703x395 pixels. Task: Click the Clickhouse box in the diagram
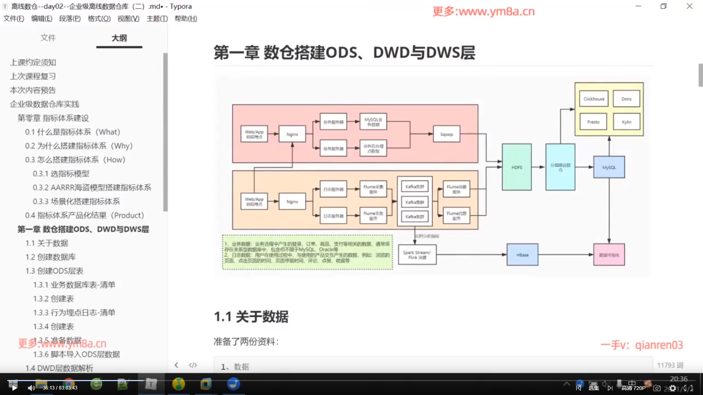tap(594, 99)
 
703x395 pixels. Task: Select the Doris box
tap(626, 99)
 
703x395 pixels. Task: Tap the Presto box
tap(593, 122)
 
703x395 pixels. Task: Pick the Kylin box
tap(626, 122)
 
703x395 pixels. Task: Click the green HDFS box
tap(517, 167)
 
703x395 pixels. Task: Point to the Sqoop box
tap(446, 134)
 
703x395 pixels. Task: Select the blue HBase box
tap(522, 255)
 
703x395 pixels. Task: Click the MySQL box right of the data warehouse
tap(609, 167)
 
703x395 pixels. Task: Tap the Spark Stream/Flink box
tap(417, 255)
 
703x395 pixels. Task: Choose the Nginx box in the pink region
tap(292, 134)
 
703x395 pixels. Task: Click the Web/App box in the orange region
tap(254, 201)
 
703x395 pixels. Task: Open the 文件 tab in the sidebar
tap(48, 38)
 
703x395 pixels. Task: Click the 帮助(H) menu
tap(186, 19)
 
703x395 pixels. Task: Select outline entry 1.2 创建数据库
tap(51, 257)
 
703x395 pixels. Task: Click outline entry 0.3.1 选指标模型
tap(61, 173)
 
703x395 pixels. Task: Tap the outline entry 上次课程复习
tap(33, 76)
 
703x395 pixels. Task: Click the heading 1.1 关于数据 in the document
tap(251, 316)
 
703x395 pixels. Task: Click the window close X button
tap(689, 6)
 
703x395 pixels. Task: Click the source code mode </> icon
tap(193, 365)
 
